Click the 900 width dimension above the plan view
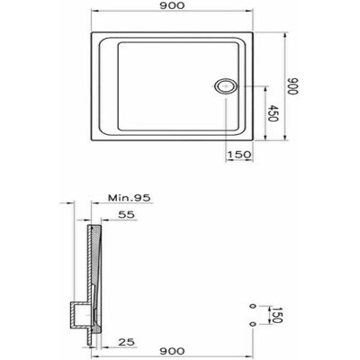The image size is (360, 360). coord(172,5)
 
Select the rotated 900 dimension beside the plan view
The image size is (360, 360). coord(292,86)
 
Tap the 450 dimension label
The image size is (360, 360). coord(273,113)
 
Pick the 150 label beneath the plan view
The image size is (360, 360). coord(238,155)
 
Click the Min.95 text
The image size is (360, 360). coord(130,198)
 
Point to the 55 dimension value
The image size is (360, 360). coord(127,215)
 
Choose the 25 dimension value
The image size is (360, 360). coord(126,342)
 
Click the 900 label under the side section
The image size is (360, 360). coord(172,351)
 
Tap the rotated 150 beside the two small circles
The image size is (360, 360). coord(277,315)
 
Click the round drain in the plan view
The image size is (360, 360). coord(226,86)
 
